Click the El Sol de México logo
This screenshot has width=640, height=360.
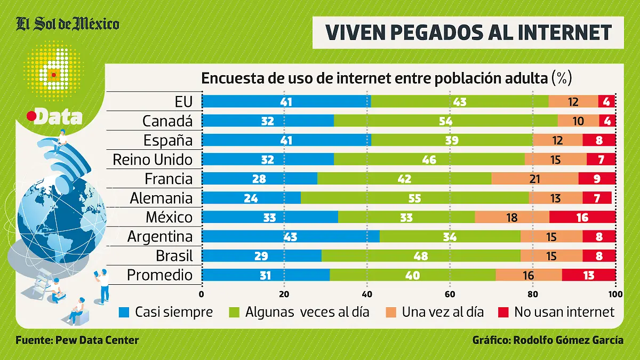[67, 24]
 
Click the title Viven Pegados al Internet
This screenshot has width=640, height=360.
[468, 33]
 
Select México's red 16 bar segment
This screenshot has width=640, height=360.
[582, 217]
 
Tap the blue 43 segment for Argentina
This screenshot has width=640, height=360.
[291, 236]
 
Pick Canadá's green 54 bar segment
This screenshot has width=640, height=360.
[446, 121]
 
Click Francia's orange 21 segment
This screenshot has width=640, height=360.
[535, 179]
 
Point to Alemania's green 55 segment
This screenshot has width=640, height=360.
[414, 198]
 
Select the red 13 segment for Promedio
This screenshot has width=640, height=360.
[589, 275]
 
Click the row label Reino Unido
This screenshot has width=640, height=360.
[153, 159]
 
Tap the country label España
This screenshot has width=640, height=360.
[168, 140]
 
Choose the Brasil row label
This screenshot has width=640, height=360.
[174, 255]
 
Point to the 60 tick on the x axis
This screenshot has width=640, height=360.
[450, 294]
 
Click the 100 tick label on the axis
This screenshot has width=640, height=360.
[615, 294]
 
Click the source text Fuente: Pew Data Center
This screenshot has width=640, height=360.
[77, 340]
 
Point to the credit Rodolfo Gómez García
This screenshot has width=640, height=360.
[548, 340]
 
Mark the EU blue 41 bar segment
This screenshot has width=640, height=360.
[286, 102]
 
